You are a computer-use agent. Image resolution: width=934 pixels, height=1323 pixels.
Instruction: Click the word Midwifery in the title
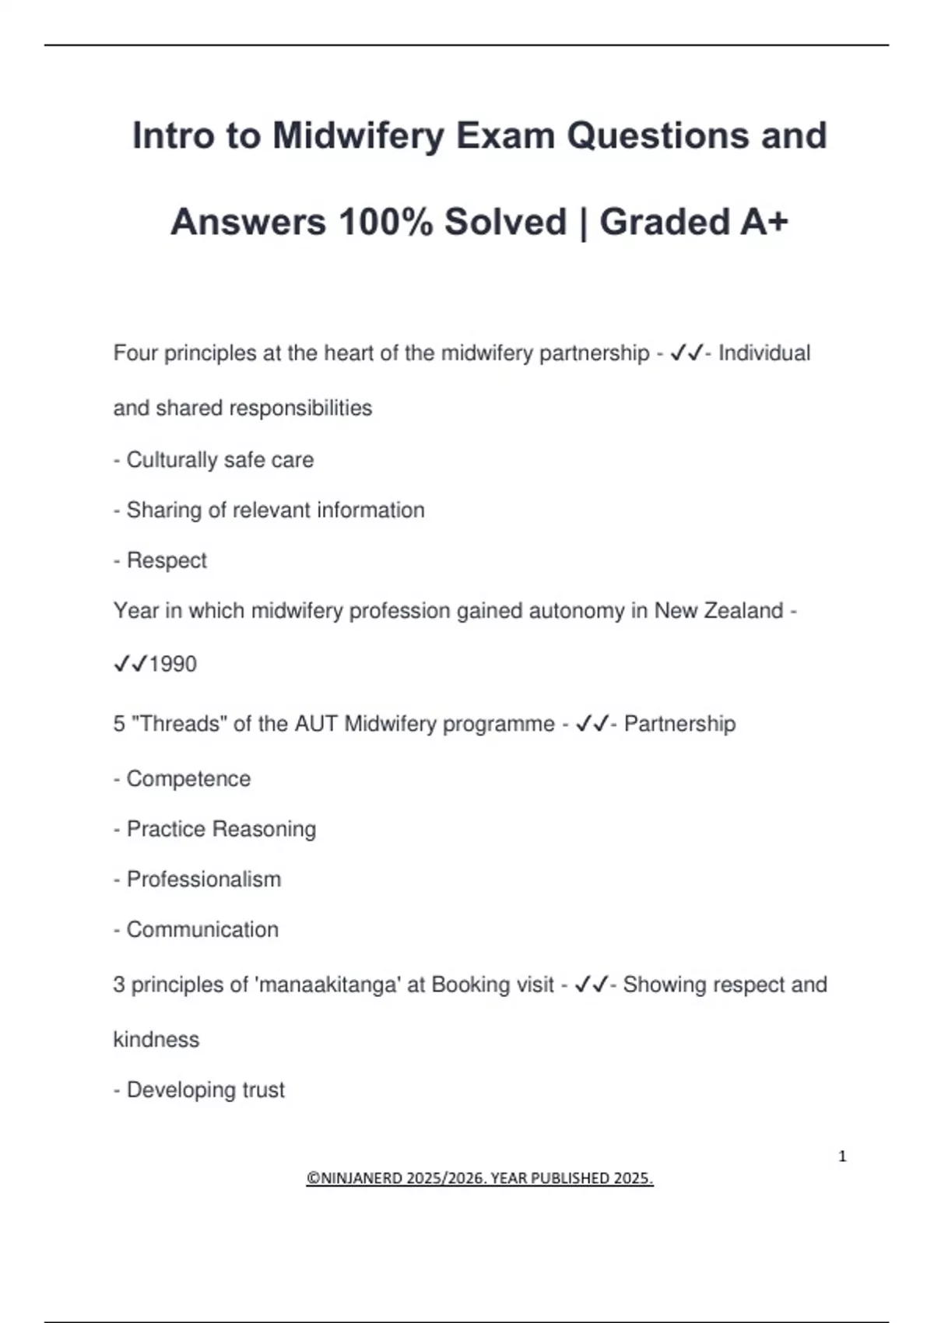(x=358, y=136)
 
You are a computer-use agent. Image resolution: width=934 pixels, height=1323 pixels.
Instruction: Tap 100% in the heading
(x=386, y=223)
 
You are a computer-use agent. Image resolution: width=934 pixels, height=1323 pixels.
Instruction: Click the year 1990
(x=173, y=664)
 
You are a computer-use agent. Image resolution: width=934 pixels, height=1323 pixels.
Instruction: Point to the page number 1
(x=842, y=1156)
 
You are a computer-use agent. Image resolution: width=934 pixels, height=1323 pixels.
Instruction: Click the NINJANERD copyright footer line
(x=479, y=1178)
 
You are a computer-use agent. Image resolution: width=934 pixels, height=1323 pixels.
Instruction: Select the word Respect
(x=167, y=560)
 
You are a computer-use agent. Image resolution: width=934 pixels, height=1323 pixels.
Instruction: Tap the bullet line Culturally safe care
(x=219, y=460)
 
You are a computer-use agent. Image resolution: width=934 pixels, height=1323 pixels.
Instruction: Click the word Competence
(x=188, y=779)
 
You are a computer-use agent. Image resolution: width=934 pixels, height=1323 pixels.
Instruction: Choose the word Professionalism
(x=204, y=879)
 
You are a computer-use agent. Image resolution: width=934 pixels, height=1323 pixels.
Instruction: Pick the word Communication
(x=202, y=929)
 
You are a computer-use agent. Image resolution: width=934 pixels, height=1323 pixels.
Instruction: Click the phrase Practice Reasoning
(x=221, y=829)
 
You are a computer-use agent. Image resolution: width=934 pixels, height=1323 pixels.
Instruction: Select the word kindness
(x=156, y=1040)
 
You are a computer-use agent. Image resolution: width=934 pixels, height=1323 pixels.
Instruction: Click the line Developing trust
(x=205, y=1090)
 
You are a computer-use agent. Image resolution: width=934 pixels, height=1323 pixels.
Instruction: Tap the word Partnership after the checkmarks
(x=679, y=724)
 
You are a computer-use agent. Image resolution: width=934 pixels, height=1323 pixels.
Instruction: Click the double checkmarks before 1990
(x=130, y=664)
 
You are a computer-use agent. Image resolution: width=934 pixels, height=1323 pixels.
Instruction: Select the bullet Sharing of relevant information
(x=276, y=511)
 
